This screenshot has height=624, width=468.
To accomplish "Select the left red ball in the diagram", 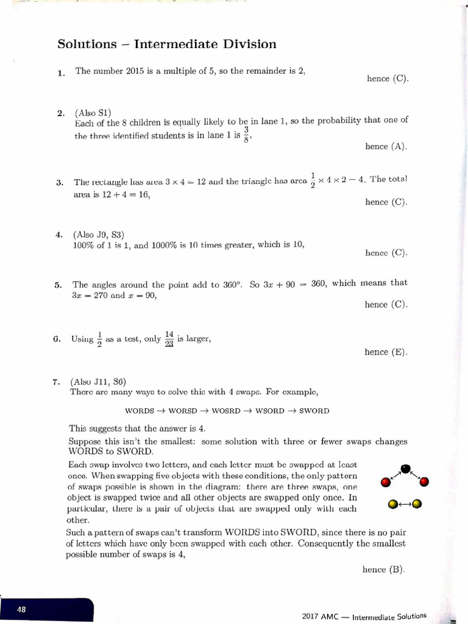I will [385, 483].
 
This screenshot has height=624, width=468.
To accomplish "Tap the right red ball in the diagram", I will [425, 483].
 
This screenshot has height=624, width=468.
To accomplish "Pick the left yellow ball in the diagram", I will [393, 504].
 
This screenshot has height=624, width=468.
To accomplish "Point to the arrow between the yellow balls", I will [405, 504].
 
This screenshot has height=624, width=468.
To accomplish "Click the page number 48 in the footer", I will [21, 609].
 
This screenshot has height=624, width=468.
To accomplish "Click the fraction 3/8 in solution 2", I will [246, 133].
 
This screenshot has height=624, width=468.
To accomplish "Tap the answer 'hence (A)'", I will [386, 146].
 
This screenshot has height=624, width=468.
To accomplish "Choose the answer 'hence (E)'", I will [386, 352].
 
